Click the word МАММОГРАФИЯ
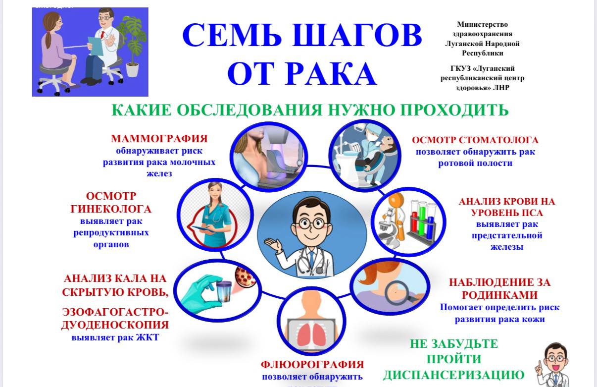159,138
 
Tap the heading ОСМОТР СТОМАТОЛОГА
475,140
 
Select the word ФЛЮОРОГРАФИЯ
312,365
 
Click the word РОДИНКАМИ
499,295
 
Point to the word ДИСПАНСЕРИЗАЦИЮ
453,375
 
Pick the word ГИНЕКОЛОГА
111,209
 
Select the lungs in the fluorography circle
313,332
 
